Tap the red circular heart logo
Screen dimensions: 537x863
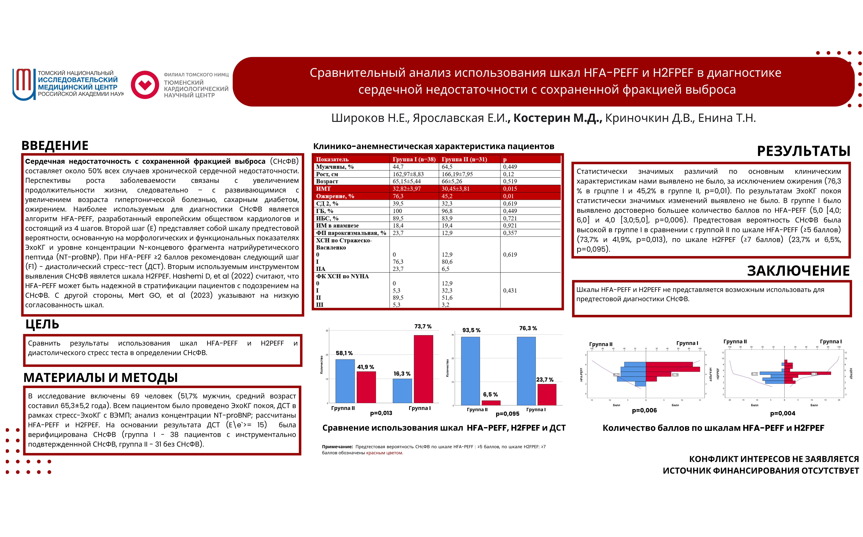(145, 85)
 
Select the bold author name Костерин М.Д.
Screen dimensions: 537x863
(557, 118)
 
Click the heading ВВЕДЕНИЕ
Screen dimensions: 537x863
(55, 146)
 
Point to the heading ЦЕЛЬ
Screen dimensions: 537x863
(42, 324)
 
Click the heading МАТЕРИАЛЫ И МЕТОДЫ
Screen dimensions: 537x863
(100, 377)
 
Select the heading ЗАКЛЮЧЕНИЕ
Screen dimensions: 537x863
(798, 271)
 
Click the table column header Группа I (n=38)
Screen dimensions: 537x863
(414, 160)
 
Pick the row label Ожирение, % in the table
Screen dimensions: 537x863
(335, 196)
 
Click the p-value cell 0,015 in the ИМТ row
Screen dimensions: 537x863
(510, 189)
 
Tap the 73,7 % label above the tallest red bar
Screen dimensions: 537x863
(423, 326)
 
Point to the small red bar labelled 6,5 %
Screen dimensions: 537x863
(491, 403)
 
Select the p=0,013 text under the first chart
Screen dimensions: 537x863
(381, 413)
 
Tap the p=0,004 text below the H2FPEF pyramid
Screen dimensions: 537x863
(782, 413)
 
